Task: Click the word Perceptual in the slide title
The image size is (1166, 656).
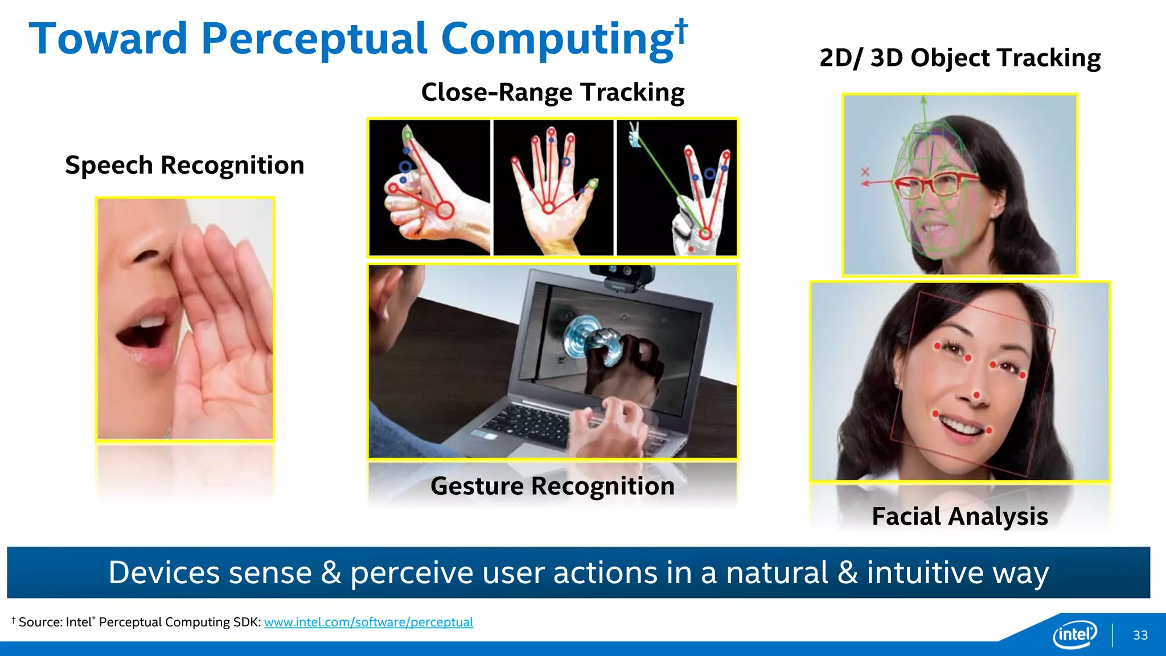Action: pyautogui.click(x=314, y=39)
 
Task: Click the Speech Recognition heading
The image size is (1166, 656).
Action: pyautogui.click(x=184, y=165)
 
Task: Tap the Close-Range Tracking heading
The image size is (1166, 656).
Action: pyautogui.click(x=552, y=92)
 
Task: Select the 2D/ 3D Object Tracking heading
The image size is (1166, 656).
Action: pyautogui.click(x=959, y=58)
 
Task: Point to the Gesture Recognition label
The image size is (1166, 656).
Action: pyautogui.click(x=552, y=486)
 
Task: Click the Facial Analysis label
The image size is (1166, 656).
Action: pyautogui.click(x=959, y=516)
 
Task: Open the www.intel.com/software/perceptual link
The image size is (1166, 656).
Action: pyautogui.click(x=368, y=622)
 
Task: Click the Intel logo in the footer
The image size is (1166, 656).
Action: pyautogui.click(x=1074, y=634)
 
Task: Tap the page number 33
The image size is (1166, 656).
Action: pyautogui.click(x=1140, y=635)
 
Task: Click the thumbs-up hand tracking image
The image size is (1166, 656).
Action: pyautogui.click(x=429, y=187)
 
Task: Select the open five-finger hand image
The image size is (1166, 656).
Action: pyautogui.click(x=553, y=187)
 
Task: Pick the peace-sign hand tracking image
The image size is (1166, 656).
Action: pyautogui.click(x=676, y=187)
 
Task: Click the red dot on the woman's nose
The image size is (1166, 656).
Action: pyautogui.click(x=977, y=395)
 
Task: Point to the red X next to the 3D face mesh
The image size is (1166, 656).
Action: pyautogui.click(x=865, y=171)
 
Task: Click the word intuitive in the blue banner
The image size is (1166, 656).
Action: pyautogui.click(x=925, y=573)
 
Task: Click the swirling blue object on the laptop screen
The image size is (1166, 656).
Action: pyautogui.click(x=589, y=341)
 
